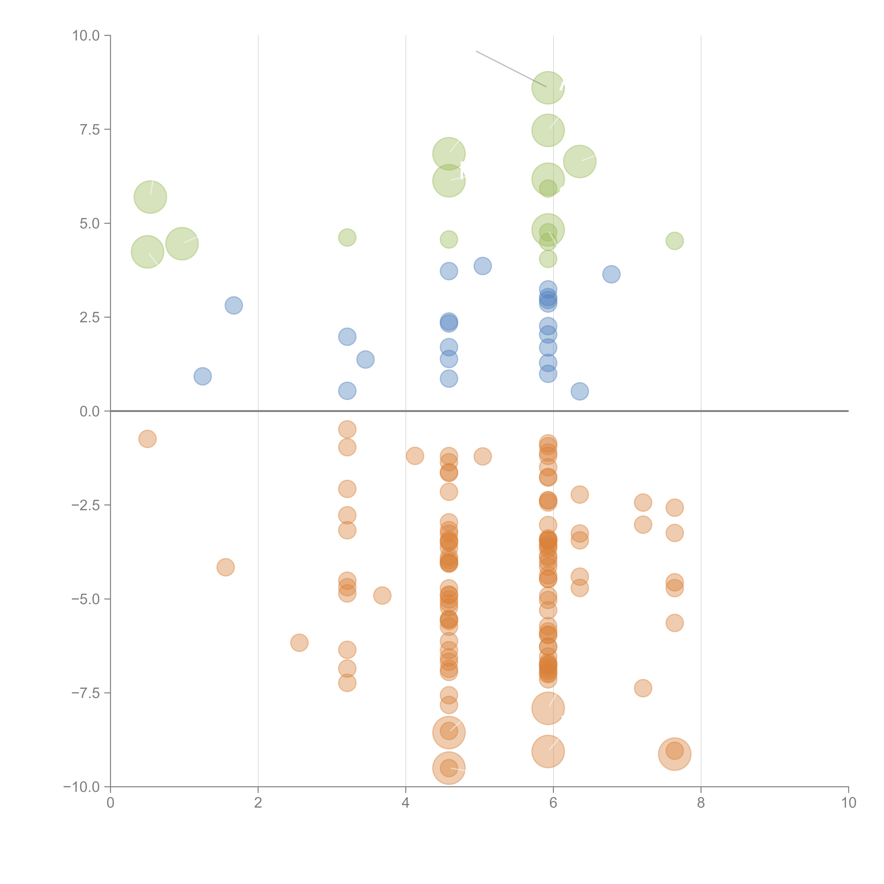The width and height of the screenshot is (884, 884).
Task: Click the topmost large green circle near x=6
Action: (x=548, y=88)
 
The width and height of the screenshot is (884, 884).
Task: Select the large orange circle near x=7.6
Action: (x=674, y=754)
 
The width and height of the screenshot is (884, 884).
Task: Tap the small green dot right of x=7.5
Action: (x=674, y=241)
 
